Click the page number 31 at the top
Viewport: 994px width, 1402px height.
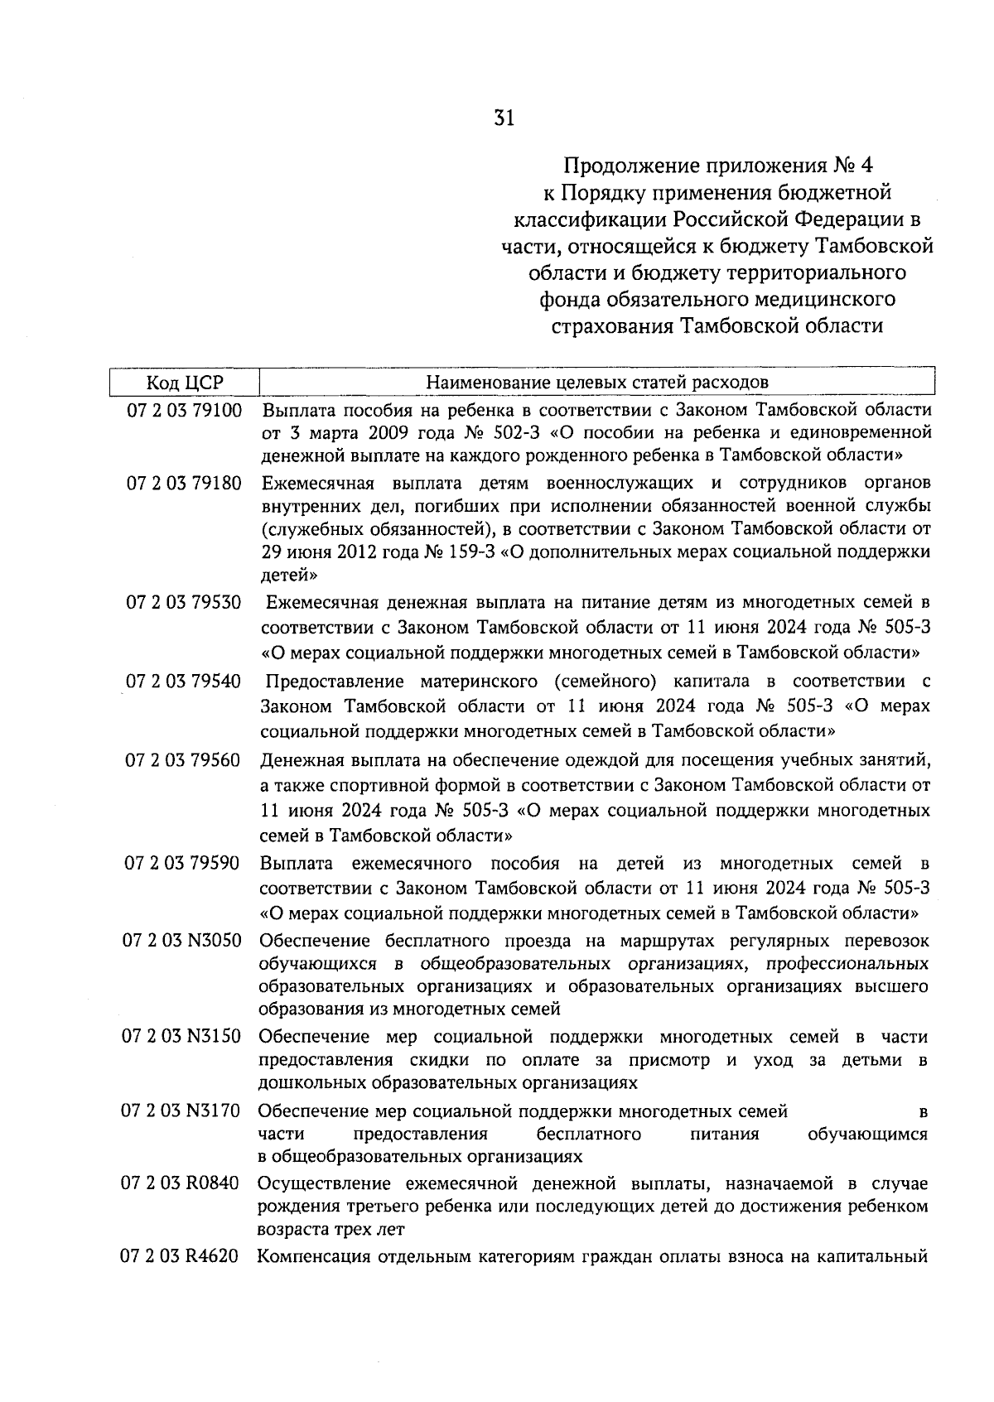coord(504,118)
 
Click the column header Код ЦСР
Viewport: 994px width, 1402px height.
coord(185,383)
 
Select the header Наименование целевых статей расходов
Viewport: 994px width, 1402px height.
coord(596,383)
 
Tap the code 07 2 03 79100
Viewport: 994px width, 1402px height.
coord(184,410)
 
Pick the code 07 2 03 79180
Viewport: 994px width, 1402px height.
coord(184,483)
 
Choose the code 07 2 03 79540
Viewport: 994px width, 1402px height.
coord(184,682)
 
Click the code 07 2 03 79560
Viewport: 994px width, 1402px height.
coord(184,760)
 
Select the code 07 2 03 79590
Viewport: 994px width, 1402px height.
coord(183,865)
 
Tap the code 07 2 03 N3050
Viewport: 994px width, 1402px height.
coord(182,942)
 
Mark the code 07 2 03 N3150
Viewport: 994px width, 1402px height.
coord(182,1037)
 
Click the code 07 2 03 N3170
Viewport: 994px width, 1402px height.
coord(182,1111)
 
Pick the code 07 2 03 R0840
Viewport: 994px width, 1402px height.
coord(181,1183)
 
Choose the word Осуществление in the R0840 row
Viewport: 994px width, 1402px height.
coord(318,1183)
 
